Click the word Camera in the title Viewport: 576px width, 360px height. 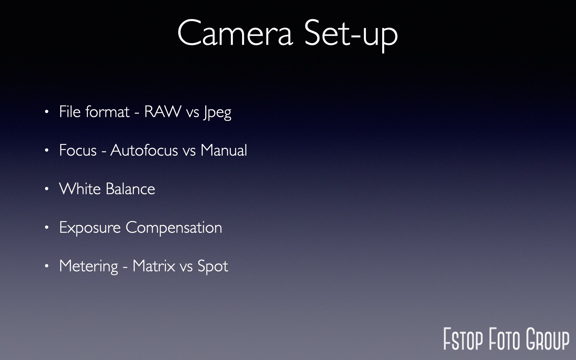235,33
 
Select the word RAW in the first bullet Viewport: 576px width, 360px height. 163,112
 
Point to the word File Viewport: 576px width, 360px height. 70,112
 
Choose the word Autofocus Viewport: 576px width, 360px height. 144,150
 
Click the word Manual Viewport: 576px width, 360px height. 224,150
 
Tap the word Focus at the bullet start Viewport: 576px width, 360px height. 78,150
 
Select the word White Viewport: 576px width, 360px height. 80,189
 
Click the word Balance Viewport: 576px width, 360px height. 130,189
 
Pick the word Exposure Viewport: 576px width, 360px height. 90,228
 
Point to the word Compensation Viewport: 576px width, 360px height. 174,228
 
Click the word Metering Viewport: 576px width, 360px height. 89,266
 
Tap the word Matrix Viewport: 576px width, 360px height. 154,266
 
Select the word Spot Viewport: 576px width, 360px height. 213,266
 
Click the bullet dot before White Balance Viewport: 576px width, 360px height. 46,189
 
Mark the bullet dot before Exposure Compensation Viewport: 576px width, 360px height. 46,228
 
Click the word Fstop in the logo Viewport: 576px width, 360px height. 463,339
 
